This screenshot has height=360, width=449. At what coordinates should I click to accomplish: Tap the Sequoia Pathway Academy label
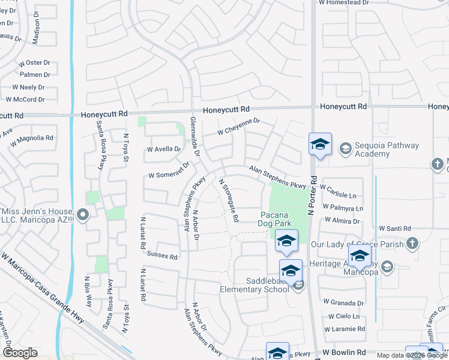pyautogui.click(x=381, y=149)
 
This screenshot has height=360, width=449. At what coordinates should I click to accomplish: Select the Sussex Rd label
pyautogui.click(x=162, y=256)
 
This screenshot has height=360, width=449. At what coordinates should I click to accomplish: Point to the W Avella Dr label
pyautogui.click(x=164, y=149)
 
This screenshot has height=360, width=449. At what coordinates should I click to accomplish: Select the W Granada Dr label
pyautogui.click(x=343, y=303)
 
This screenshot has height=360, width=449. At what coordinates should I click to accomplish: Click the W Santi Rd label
pyautogui.click(x=395, y=229)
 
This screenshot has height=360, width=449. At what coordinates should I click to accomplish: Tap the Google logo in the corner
pyautogui.click(x=20, y=353)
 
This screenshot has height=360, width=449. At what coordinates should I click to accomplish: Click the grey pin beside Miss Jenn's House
pyautogui.click(x=83, y=214)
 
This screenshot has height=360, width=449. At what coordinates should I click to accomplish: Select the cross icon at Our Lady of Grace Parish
pyautogui.click(x=412, y=244)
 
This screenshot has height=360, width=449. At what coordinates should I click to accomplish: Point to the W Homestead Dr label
pyautogui.click(x=344, y=3)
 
